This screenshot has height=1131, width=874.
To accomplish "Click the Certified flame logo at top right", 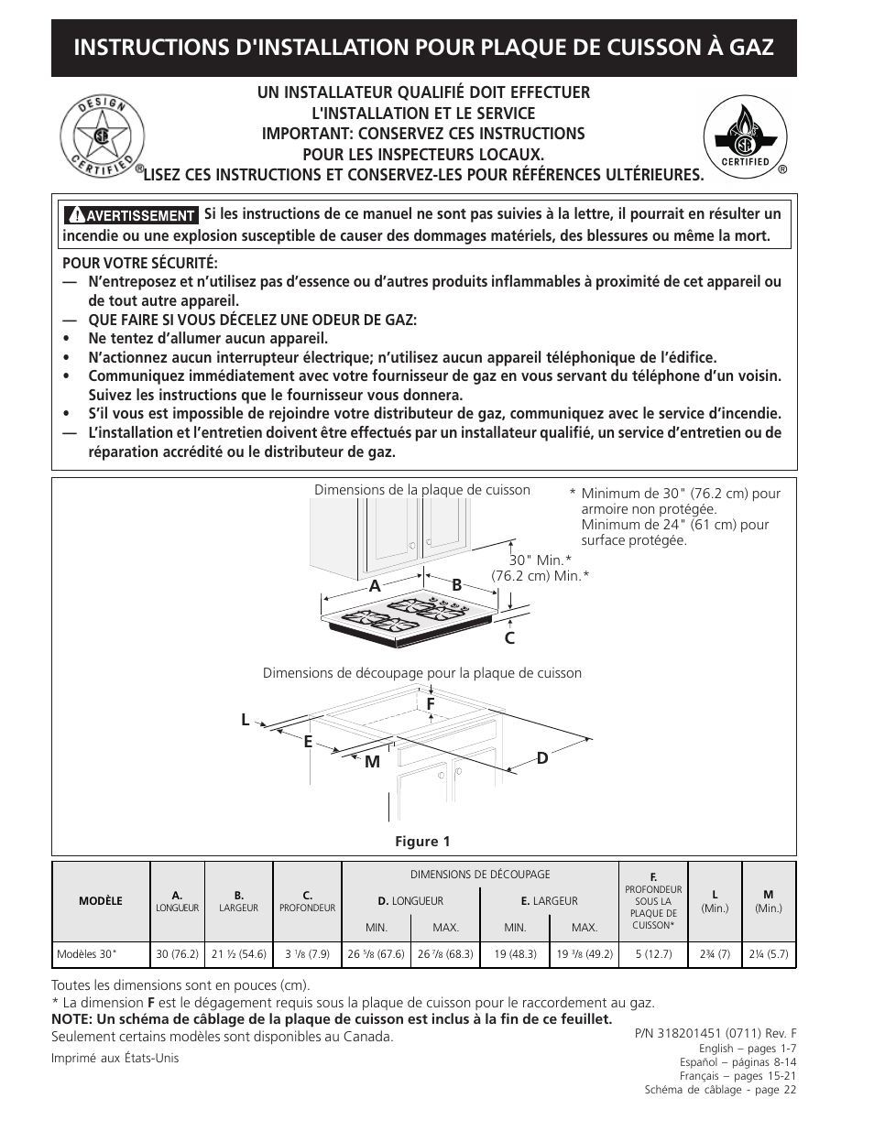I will tap(745, 137).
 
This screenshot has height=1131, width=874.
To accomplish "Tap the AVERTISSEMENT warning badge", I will tap(130, 216).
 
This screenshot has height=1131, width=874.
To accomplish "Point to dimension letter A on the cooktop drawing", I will tap(375, 586).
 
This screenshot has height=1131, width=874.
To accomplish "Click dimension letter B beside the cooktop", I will tap(456, 585).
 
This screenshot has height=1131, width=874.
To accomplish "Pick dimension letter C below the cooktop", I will tap(509, 638).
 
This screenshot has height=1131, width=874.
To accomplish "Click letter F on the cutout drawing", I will tap(430, 703).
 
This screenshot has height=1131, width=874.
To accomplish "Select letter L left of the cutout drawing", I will tap(246, 721).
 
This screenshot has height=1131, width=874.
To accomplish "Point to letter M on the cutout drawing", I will tap(372, 762).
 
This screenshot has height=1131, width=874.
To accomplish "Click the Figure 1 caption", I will tap(422, 842).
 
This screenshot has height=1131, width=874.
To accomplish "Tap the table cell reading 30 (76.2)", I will tap(177, 954).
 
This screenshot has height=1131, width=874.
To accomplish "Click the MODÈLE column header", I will tap(101, 901).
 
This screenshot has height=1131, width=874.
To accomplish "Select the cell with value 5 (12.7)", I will tap(652, 954).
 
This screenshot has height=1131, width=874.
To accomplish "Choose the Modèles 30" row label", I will tap(88, 954).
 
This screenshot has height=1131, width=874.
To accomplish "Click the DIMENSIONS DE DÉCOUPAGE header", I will tap(480, 875).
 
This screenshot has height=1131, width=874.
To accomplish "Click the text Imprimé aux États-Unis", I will tap(115, 1058).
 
